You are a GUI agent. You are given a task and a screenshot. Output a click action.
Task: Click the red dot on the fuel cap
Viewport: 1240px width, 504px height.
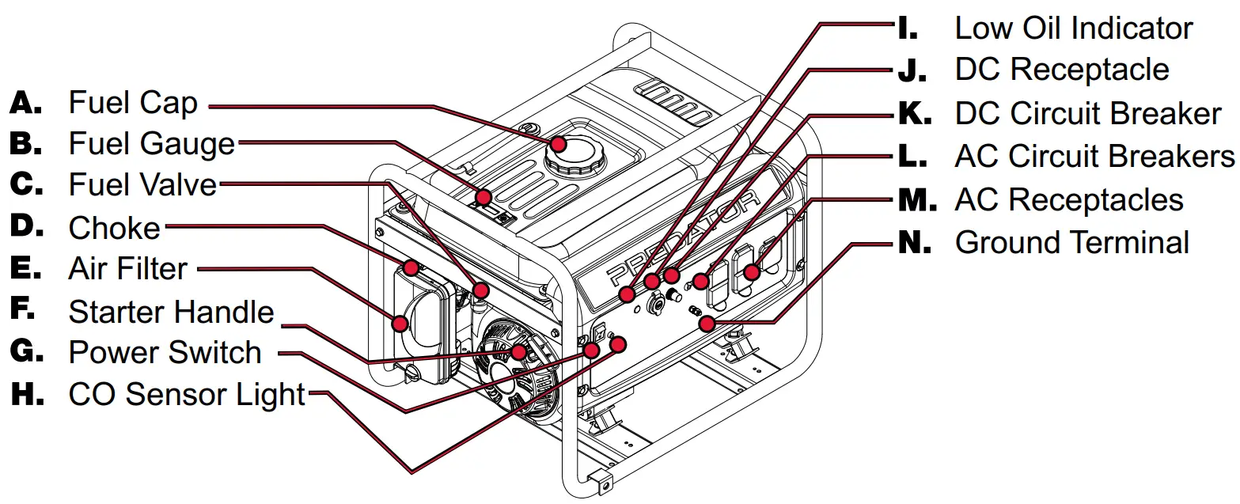tap(559, 143)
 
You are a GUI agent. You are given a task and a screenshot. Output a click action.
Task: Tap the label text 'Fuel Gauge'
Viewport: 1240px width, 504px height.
tap(151, 144)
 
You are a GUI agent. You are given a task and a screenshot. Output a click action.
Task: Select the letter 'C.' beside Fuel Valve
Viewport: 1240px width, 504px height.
tap(28, 184)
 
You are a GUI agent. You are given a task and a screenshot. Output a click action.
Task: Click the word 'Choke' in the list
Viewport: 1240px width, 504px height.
tap(114, 228)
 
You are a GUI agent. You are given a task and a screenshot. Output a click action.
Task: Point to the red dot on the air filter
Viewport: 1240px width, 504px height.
tap(400, 323)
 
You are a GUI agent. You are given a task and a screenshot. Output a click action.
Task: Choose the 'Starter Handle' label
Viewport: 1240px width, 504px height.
tap(171, 312)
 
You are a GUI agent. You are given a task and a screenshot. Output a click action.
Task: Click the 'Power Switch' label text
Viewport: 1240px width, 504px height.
tap(165, 353)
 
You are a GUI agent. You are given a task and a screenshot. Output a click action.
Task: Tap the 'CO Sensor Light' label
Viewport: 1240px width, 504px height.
tap(187, 395)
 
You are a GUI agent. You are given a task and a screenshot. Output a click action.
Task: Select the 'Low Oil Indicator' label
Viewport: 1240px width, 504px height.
tap(1073, 28)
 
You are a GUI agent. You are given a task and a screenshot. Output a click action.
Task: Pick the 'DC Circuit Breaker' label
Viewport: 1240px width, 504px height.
tap(1088, 114)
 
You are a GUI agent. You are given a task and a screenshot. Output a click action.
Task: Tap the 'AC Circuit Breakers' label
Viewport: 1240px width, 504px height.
tap(1094, 157)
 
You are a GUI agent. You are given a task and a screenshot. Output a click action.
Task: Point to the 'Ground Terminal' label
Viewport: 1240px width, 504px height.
tap(1072, 242)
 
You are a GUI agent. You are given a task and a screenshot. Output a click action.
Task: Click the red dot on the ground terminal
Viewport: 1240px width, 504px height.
tap(708, 323)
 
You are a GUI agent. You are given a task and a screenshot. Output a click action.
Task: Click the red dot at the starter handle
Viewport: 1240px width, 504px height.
tap(518, 351)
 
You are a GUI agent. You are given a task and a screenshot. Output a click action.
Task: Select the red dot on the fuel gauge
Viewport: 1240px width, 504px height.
tap(483, 197)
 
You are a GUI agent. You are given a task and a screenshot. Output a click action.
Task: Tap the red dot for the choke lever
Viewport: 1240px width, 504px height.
tap(411, 267)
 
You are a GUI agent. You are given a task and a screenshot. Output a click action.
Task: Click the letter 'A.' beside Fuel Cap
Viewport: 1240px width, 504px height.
tap(28, 102)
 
